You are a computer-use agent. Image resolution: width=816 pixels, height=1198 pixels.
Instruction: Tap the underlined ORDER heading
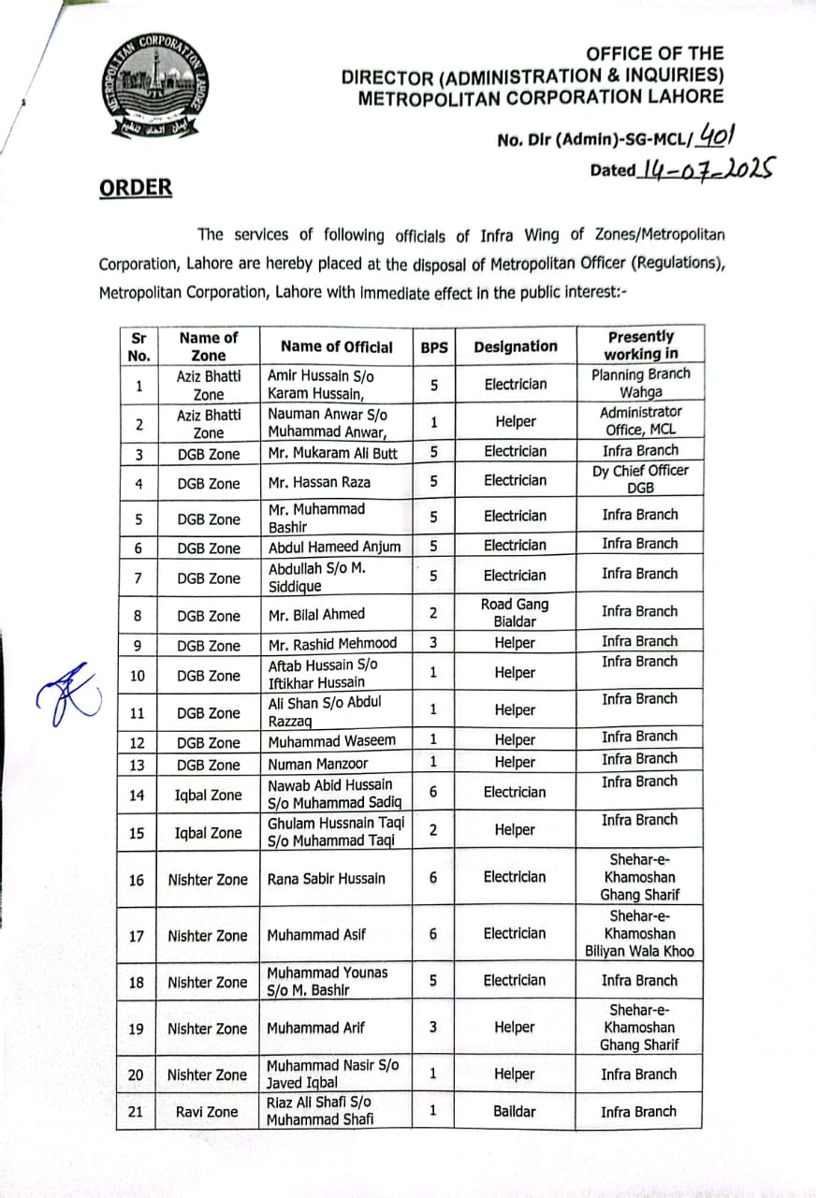coord(136,187)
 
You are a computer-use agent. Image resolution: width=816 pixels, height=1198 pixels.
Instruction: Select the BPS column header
coord(434,346)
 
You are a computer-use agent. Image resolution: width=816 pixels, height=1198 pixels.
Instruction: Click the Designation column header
coord(515,346)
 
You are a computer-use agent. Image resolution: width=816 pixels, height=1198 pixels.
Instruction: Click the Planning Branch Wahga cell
coord(640,384)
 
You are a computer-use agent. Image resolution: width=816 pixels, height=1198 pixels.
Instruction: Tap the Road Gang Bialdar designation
coord(515,613)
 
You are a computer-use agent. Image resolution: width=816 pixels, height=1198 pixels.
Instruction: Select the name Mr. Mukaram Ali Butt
coord(333,453)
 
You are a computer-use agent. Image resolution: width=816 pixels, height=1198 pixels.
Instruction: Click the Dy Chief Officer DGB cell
coord(640,479)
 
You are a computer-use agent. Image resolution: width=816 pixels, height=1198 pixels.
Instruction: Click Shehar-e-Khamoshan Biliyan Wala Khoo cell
coord(640,934)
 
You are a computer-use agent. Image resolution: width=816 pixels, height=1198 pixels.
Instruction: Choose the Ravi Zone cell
coord(208,1112)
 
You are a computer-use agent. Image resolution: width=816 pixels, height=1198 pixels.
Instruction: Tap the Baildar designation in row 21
coord(515,1112)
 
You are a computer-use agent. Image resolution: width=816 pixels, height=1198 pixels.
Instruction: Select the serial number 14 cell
coord(137,796)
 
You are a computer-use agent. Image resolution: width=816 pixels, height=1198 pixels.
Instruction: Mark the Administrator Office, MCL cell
coord(640,421)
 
